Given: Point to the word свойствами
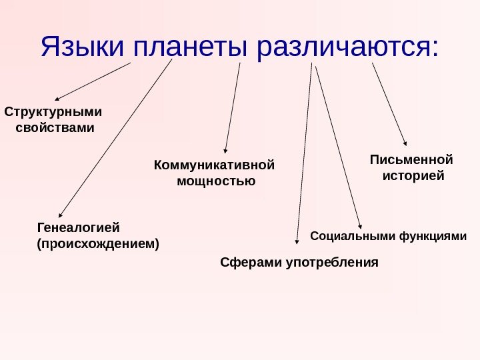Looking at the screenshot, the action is (55, 127).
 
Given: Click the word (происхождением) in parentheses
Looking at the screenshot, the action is (98, 243).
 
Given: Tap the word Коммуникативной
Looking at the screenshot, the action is (215, 164).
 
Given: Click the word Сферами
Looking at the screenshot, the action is (251, 262).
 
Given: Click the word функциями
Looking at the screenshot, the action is (432, 235).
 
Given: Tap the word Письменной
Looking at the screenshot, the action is (411, 160).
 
